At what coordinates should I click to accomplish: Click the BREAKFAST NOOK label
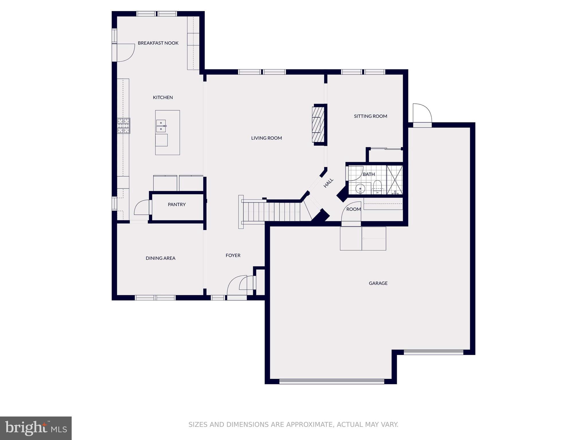(x=158, y=43)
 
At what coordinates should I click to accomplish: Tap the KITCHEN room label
(x=163, y=97)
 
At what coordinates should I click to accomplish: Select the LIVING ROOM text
(x=267, y=138)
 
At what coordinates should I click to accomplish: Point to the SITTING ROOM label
(x=370, y=116)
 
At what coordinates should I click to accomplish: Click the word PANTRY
(x=177, y=205)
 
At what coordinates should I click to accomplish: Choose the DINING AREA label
(x=161, y=258)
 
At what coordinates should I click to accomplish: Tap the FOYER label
(x=233, y=256)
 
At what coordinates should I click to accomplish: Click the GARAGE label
(x=378, y=283)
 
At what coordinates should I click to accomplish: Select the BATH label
(x=369, y=174)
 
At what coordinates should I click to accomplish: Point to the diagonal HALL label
(x=328, y=183)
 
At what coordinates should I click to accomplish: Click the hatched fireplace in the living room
(x=318, y=125)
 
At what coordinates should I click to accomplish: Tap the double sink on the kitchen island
(x=161, y=126)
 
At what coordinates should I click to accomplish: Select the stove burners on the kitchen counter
(x=124, y=126)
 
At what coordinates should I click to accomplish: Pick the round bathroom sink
(x=360, y=189)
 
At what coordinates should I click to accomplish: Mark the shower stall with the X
(x=395, y=180)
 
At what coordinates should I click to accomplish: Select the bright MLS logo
(x=36, y=428)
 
